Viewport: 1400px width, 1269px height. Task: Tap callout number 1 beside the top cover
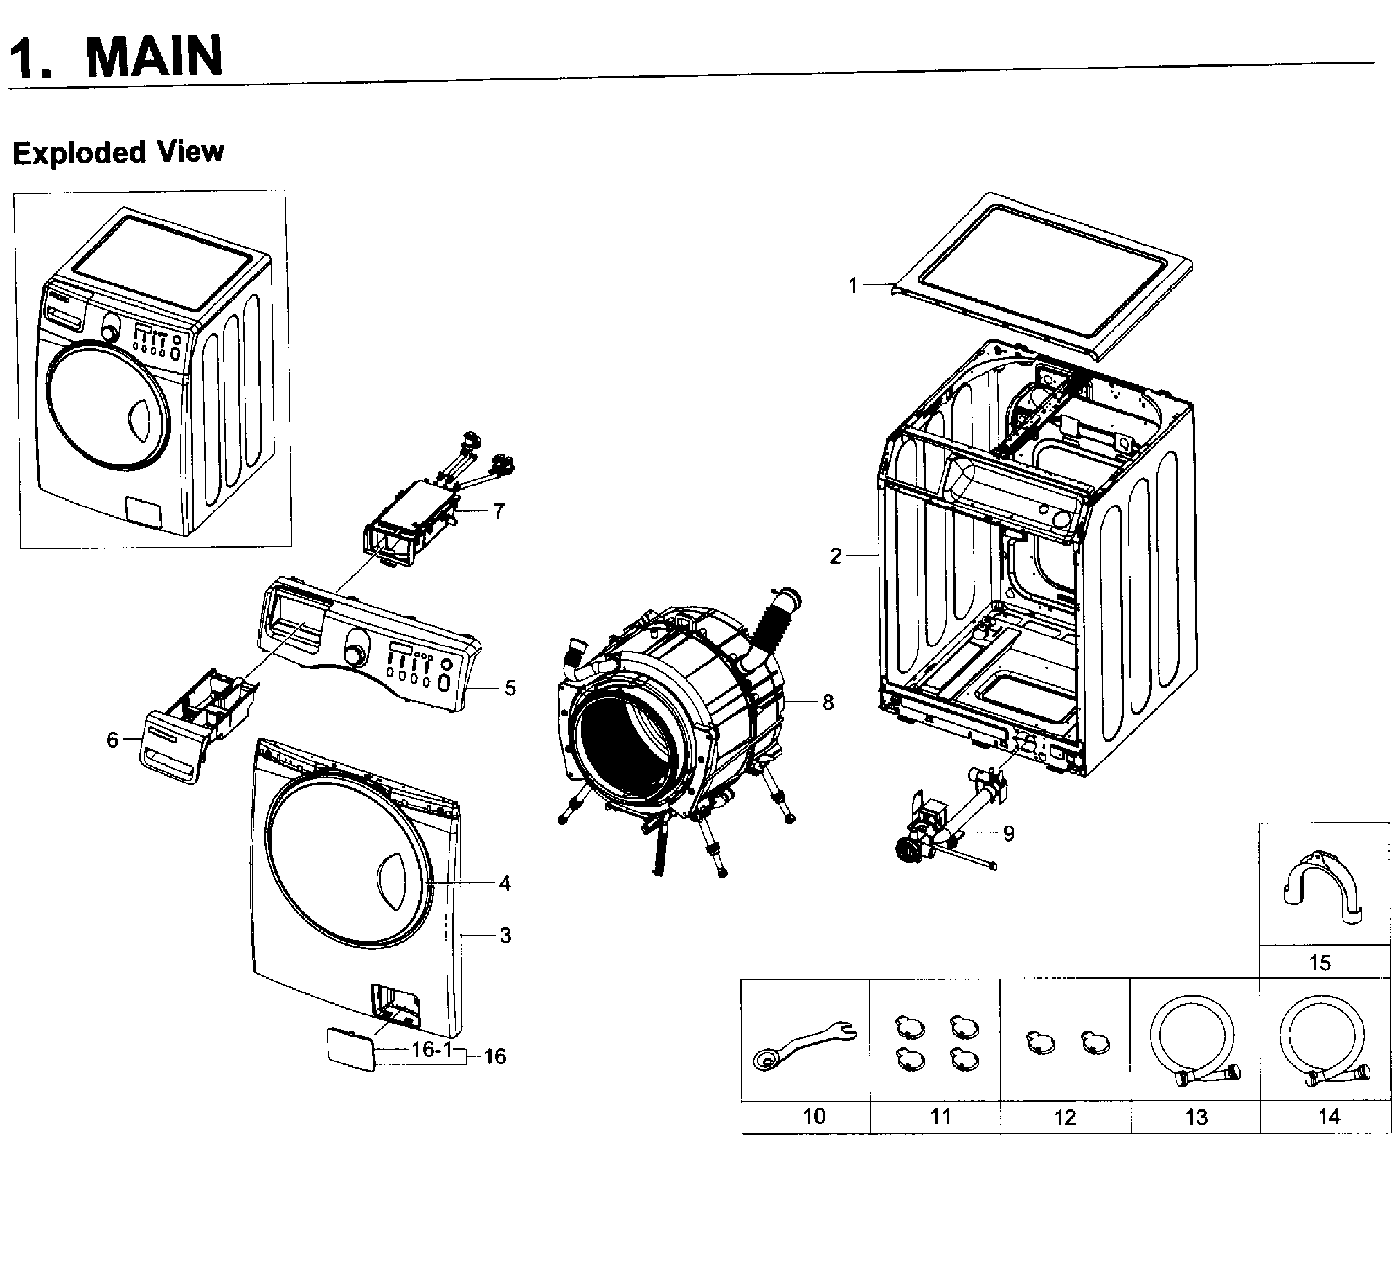pos(853,285)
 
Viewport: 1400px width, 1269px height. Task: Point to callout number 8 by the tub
pos(828,702)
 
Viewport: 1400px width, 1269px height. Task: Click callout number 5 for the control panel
pos(510,688)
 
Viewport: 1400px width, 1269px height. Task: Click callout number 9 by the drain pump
pos(1008,833)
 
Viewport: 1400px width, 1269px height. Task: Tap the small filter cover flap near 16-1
pos(351,1050)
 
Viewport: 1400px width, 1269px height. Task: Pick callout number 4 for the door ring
pos(504,883)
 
